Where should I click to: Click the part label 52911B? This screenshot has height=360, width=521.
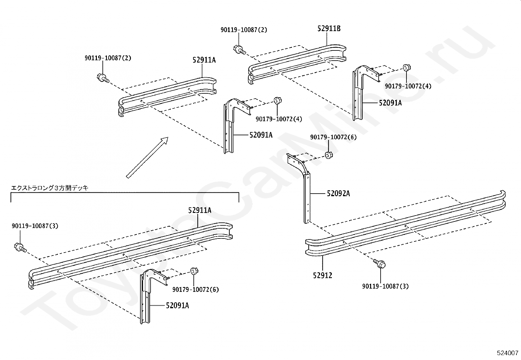329,28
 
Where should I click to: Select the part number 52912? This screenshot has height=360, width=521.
322,275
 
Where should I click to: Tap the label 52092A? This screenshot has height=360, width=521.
338,194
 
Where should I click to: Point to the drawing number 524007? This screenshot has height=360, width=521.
508,353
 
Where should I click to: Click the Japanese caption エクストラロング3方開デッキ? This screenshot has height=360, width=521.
50,188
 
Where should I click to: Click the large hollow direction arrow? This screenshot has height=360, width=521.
147,158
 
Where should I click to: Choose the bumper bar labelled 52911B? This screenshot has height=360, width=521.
297,64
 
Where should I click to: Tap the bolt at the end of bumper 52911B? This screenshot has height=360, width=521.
240,49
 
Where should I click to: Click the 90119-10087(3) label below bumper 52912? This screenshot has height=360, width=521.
385,286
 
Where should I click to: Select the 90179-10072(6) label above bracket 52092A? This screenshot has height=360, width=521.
333,137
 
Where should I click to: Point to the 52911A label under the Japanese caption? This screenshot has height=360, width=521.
200,211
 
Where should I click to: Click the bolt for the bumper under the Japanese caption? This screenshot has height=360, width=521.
21,248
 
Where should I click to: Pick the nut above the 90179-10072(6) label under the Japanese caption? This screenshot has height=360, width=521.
194,271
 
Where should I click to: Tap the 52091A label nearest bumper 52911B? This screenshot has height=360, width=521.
390,103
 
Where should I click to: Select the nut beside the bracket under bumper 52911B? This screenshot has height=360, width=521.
406,67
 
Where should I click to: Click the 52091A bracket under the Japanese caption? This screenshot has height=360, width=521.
145,300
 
